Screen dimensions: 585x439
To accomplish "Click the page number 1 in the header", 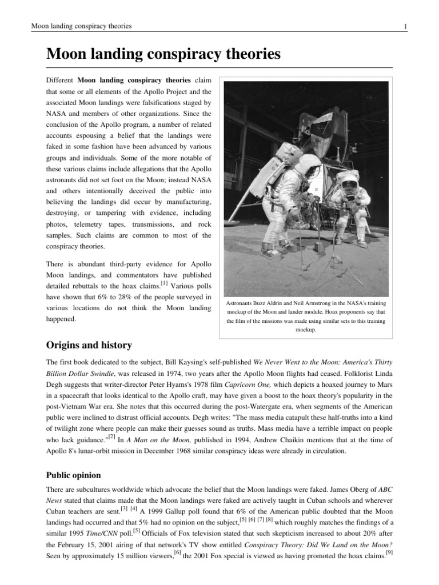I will point(405,26).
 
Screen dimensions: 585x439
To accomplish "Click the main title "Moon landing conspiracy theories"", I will point(163,54).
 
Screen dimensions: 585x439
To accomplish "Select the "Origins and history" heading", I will point(89,345).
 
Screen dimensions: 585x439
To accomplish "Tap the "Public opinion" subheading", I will point(73,475).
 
